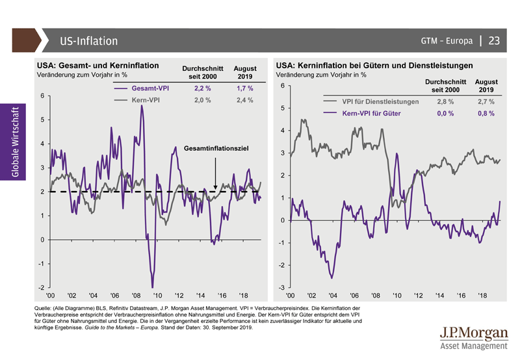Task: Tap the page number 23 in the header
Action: pyautogui.click(x=494, y=40)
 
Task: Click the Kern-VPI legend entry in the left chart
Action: pyautogui.click(x=144, y=101)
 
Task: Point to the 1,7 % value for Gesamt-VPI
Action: pyautogui.click(x=245, y=88)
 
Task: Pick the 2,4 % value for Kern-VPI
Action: pyautogui.click(x=245, y=101)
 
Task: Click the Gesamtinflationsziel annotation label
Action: pyautogui.click(x=216, y=149)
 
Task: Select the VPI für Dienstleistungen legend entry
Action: pyautogui.click(x=380, y=102)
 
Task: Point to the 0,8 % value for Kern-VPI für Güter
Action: pyautogui.click(x=486, y=113)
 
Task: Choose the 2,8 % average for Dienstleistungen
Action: pyautogui.click(x=446, y=102)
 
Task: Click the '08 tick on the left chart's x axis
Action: pyautogui.click(x=136, y=294)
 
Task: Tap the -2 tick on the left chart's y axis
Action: pyautogui.click(x=41, y=287)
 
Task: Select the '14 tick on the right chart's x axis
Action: pyautogui.click(x=440, y=294)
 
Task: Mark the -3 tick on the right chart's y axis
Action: pyautogui.click(x=281, y=287)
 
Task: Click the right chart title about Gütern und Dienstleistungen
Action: pyautogui.click(x=374, y=66)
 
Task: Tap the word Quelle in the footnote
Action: pyautogui.click(x=43, y=307)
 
